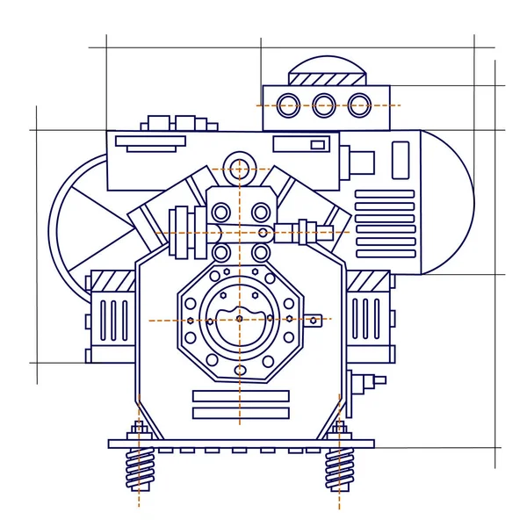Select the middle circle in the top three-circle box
(x=324, y=105)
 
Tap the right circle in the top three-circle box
(x=358, y=105)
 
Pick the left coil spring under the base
(x=139, y=469)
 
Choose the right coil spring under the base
(x=339, y=469)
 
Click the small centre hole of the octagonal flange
(x=239, y=319)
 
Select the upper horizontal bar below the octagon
(x=240, y=396)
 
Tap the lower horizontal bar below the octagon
(x=240, y=413)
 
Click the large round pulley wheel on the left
(x=83, y=220)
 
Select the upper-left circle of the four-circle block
(x=220, y=211)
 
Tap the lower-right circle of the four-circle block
(x=261, y=252)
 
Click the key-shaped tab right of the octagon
(x=317, y=319)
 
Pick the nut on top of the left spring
(x=138, y=430)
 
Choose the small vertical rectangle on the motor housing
(x=400, y=161)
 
